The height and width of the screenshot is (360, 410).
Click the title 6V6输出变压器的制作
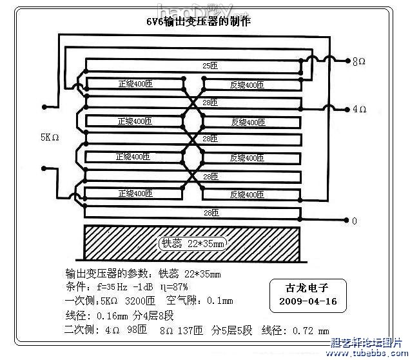pos(199,21)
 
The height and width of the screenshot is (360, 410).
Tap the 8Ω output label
pos(359,62)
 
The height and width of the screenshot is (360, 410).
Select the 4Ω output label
pos(359,109)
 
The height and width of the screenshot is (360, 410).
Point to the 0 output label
pos(354,221)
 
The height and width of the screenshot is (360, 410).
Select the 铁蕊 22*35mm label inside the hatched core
pos(193,244)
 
